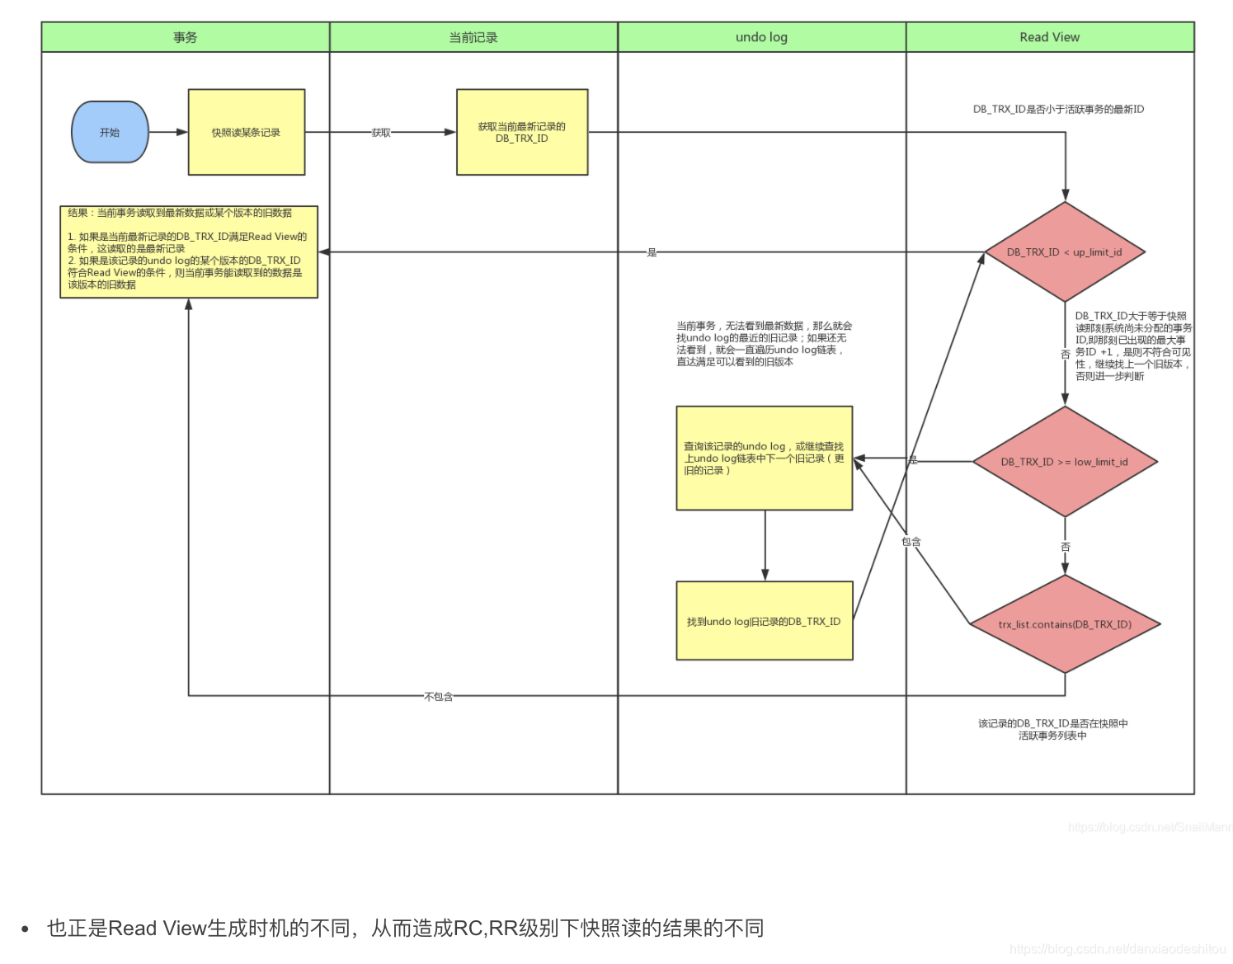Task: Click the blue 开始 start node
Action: click(x=110, y=132)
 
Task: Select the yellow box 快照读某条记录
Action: click(x=246, y=132)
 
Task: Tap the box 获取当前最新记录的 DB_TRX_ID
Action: click(x=521, y=132)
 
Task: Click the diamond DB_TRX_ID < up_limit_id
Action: click(x=1064, y=252)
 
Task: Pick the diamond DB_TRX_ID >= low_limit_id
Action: click(x=1064, y=462)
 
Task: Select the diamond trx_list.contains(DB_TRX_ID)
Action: click(x=1065, y=624)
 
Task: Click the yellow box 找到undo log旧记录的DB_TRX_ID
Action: click(x=764, y=621)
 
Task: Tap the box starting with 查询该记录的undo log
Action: click(x=764, y=458)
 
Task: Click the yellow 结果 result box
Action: click(x=188, y=252)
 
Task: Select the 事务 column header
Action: click(x=186, y=37)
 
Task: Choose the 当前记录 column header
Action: click(x=473, y=37)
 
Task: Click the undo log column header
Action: click(x=761, y=37)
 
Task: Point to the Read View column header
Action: click(x=1049, y=37)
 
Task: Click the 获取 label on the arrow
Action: click(x=381, y=133)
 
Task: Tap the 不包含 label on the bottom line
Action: click(x=438, y=697)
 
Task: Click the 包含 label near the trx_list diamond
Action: click(x=911, y=542)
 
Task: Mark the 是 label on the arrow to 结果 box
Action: click(x=652, y=252)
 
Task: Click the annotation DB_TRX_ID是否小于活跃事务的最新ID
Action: click(x=1058, y=109)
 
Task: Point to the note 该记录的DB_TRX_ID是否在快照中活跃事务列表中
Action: click(x=1052, y=729)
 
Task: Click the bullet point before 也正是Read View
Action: click(x=26, y=929)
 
